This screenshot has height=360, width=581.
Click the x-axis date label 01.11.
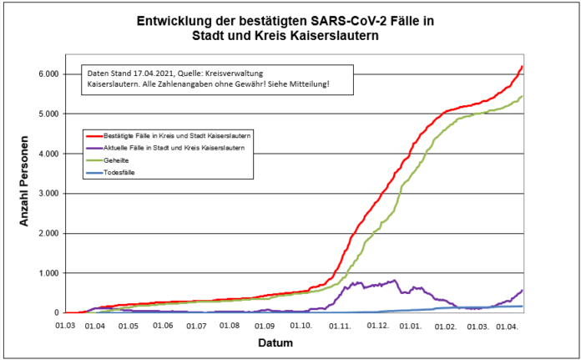[x=339, y=324]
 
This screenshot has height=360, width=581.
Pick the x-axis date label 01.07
[x=196, y=324]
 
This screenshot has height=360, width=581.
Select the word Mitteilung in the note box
[x=306, y=85]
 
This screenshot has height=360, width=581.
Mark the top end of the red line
[x=522, y=66]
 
